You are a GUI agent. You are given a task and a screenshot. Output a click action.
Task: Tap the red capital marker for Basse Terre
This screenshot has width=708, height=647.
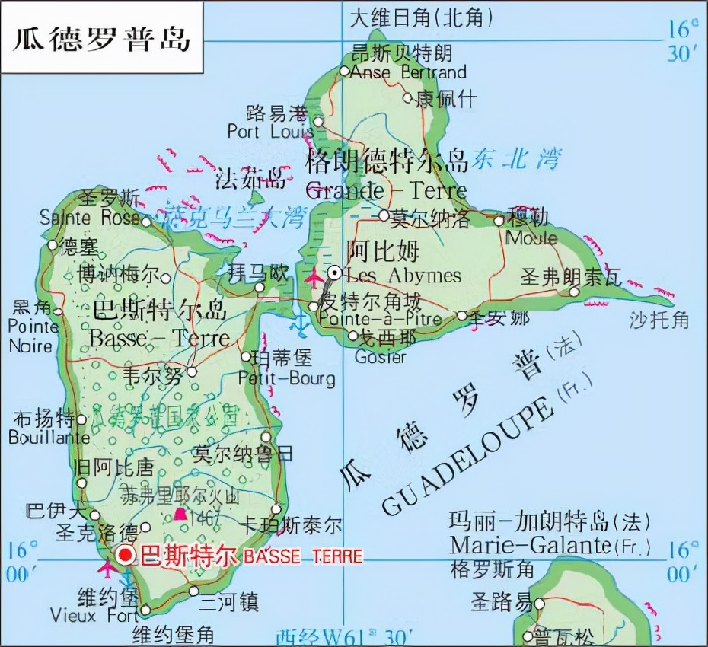(126, 555)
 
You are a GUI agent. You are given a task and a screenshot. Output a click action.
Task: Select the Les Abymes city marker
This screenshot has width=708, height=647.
(335, 273)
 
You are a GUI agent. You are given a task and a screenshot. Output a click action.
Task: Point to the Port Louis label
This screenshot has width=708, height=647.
(270, 132)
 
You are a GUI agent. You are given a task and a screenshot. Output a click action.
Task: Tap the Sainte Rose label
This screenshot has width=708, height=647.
(90, 218)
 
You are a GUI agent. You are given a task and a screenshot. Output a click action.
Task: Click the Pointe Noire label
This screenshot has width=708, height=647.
(31, 336)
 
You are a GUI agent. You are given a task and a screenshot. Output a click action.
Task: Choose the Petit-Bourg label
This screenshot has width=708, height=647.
(286, 378)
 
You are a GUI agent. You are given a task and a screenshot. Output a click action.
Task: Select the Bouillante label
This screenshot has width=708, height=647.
(49, 438)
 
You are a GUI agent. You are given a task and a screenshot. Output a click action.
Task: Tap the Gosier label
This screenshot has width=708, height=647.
(381, 357)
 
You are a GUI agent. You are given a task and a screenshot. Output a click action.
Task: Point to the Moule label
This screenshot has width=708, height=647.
(531, 237)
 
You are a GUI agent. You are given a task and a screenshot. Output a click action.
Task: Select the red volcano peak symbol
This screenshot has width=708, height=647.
(180, 515)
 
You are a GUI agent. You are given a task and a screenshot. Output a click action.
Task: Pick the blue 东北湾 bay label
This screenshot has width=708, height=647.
(515, 158)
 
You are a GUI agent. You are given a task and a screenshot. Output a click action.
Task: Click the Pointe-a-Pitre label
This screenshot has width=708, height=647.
(381, 319)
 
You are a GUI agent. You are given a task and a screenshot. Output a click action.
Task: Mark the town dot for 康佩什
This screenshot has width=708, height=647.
(407, 97)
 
